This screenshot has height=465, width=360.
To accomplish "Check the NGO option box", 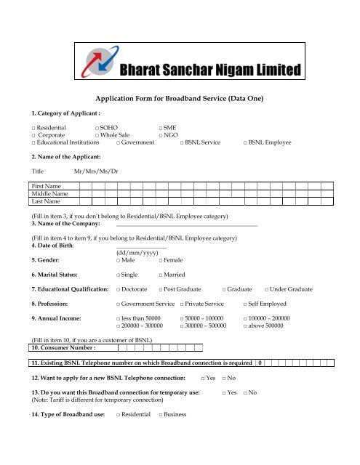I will tap(161, 135).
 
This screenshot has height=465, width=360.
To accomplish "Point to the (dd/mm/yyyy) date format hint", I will tap(137, 253).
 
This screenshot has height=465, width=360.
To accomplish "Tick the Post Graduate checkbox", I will tap(161, 289).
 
